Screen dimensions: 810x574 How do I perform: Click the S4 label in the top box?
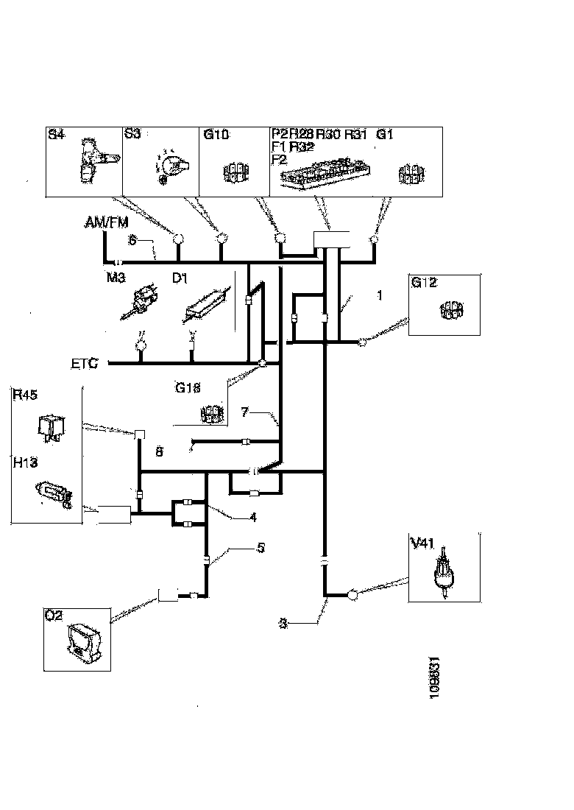(56, 134)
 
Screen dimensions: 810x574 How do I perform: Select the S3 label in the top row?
(132, 134)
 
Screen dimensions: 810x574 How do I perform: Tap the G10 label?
(214, 134)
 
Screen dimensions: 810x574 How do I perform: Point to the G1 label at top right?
(386, 134)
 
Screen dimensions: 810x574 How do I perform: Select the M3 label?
(117, 278)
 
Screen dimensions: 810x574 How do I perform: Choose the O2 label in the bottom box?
(52, 615)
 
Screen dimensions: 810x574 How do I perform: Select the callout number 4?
(253, 517)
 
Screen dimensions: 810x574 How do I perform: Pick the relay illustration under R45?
(49, 426)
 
